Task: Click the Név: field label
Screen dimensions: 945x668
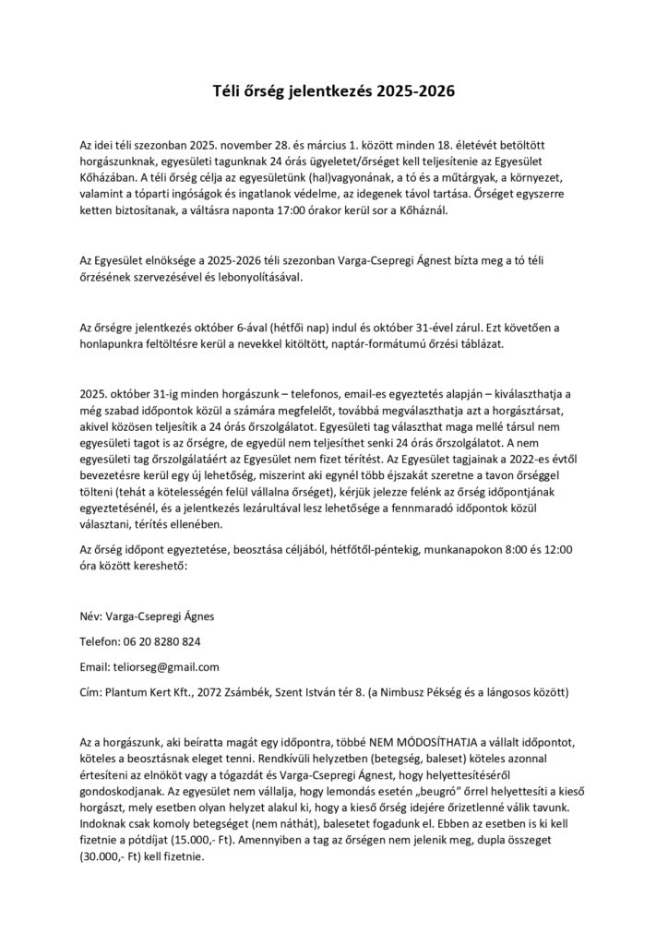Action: (94, 616)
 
